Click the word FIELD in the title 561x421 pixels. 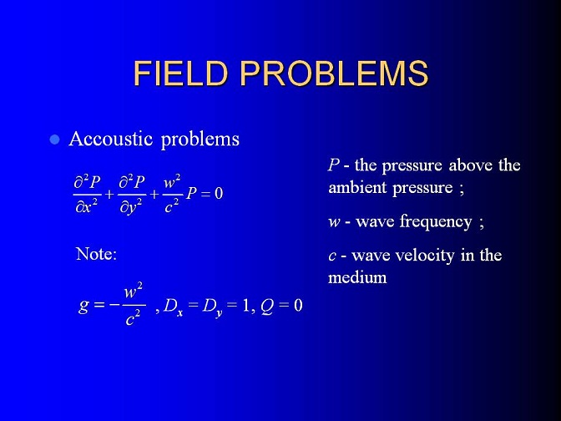click(x=180, y=73)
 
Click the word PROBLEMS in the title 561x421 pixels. click(x=334, y=73)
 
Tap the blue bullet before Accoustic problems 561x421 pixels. click(x=54, y=139)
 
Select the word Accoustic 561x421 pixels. click(x=111, y=138)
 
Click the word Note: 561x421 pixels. click(x=97, y=254)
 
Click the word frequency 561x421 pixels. click(x=436, y=222)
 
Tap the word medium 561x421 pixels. click(x=357, y=277)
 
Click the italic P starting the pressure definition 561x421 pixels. click(x=333, y=165)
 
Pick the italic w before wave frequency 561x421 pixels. click(x=334, y=222)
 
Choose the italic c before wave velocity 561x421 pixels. click(x=332, y=256)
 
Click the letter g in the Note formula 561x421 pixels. click(x=83, y=306)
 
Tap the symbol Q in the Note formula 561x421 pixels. click(x=267, y=306)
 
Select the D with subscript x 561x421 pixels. click(x=173, y=307)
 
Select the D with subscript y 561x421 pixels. click(x=212, y=307)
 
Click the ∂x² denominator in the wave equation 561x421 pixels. click(x=86, y=206)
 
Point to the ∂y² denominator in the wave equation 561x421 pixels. click(x=130, y=207)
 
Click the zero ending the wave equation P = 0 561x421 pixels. click(x=218, y=193)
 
